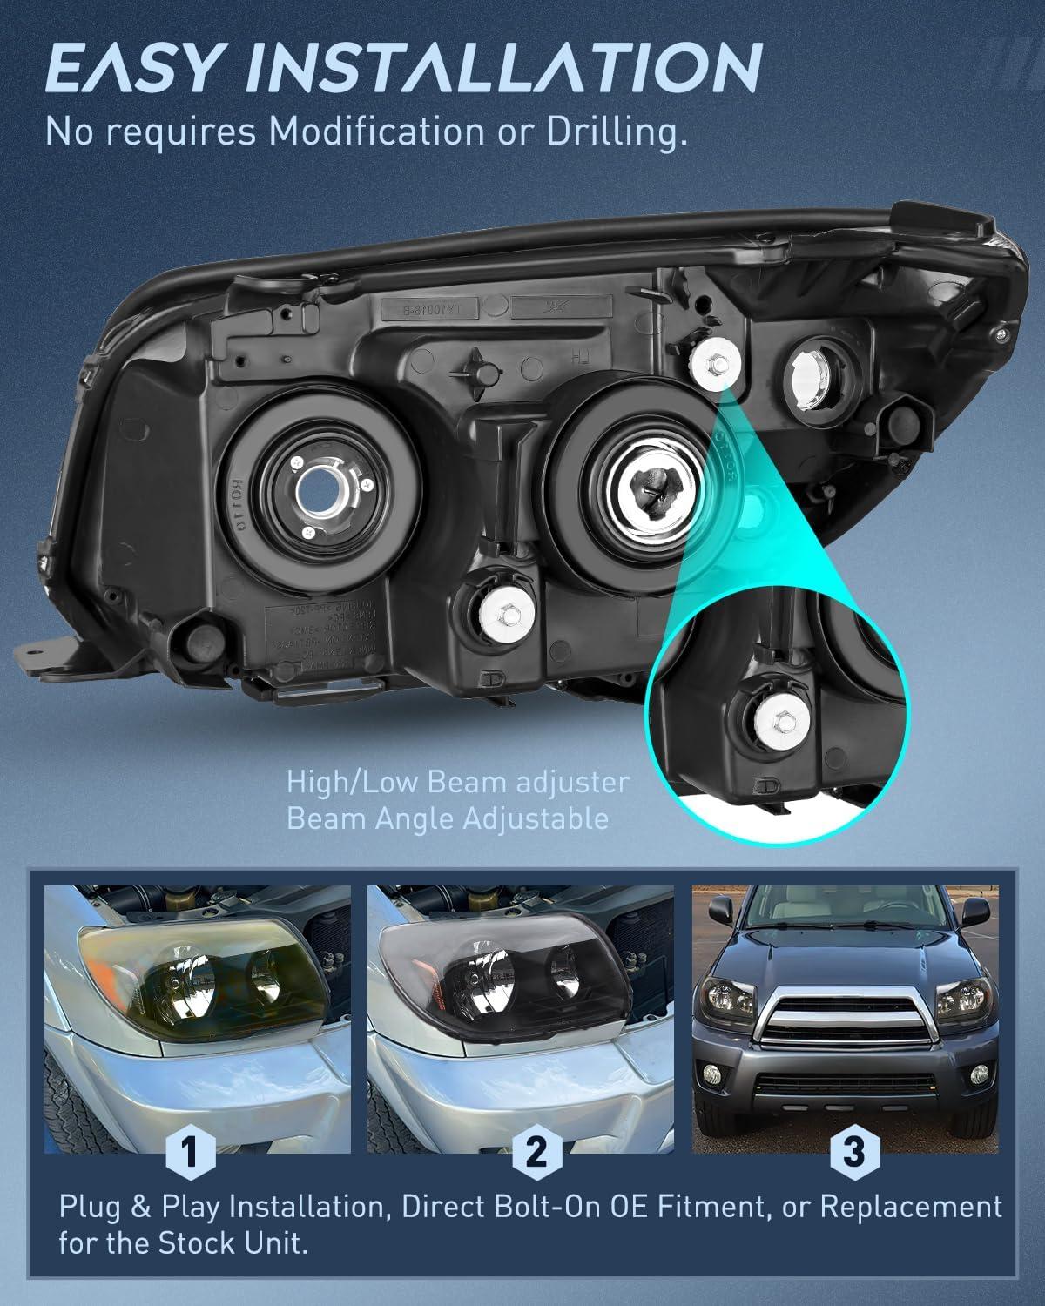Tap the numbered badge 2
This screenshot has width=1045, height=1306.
point(535,1153)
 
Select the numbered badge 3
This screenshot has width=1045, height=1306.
point(853,1153)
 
